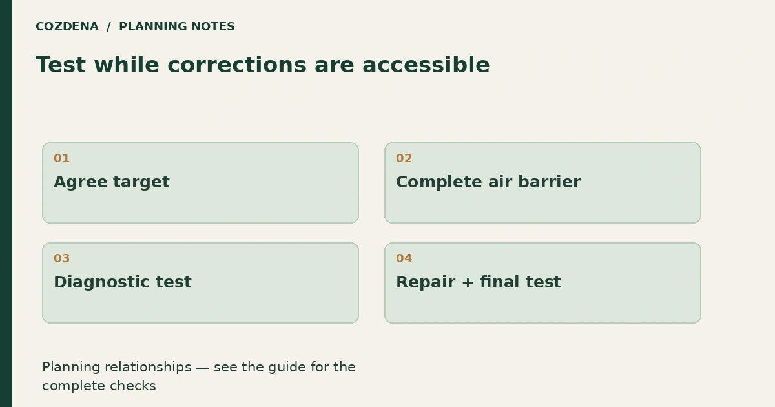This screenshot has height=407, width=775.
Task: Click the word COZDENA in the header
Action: tap(67, 26)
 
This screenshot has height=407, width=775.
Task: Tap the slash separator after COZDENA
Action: tap(108, 26)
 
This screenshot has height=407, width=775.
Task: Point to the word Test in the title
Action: tap(61, 65)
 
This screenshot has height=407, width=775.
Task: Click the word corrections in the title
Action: tap(237, 65)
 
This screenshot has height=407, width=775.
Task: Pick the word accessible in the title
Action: tap(426, 65)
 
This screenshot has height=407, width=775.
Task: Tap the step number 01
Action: tap(61, 158)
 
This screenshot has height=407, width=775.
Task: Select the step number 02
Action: tap(404, 158)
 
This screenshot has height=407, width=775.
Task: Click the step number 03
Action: tap(61, 258)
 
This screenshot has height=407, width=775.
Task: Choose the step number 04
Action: tap(404, 258)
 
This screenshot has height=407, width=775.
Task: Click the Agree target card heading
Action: tap(112, 182)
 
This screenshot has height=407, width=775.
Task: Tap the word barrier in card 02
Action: tap(550, 182)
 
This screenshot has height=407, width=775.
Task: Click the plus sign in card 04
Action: tap(468, 282)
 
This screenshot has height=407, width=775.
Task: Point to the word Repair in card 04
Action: tap(426, 282)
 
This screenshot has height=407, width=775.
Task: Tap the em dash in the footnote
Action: tap(202, 368)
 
